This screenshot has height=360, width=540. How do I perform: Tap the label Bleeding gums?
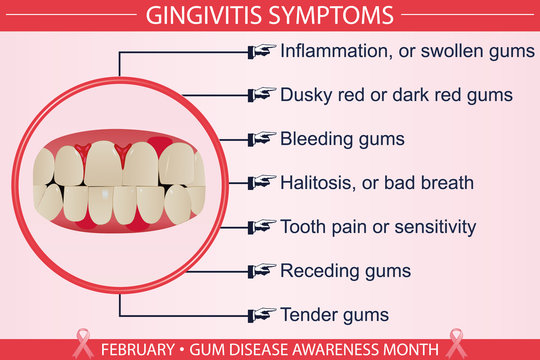click(342, 139)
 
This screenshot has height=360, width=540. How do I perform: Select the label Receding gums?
click(345, 271)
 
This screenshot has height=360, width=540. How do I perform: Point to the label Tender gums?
click(334, 315)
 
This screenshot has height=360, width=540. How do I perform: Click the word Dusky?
click(305, 95)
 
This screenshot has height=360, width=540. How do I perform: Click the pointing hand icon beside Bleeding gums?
click(262, 138)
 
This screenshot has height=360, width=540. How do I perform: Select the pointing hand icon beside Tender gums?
click(262, 314)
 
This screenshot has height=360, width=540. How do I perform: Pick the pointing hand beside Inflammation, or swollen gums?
click(262, 50)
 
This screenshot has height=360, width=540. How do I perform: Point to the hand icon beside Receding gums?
click(262, 270)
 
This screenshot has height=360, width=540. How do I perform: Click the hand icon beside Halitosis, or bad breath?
click(262, 182)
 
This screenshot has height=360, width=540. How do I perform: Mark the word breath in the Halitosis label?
click(449, 183)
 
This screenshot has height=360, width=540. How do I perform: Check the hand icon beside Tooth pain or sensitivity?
click(262, 226)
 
